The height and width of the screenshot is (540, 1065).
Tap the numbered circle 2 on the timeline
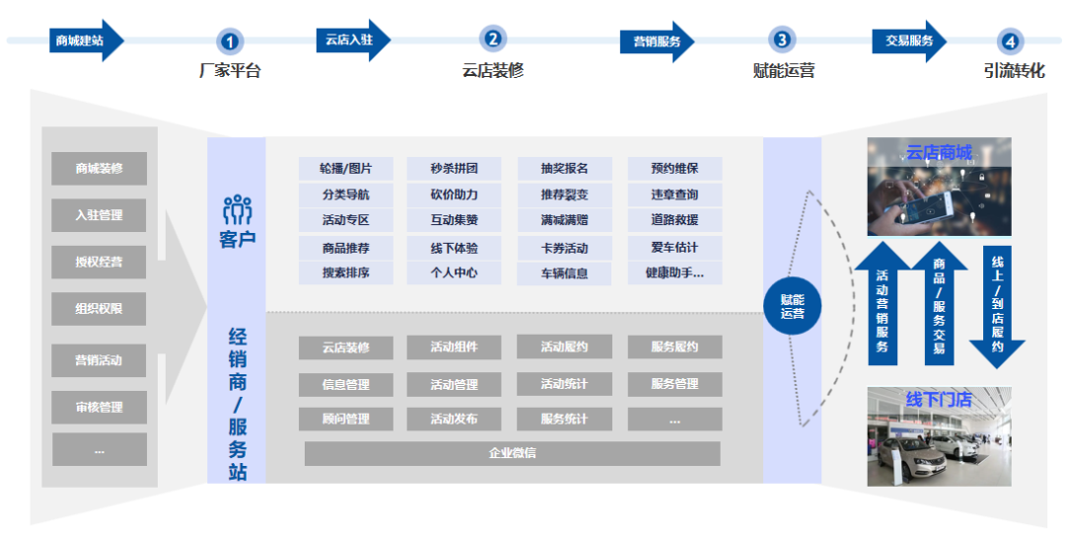pos(493,39)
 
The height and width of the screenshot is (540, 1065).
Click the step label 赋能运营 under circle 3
pos(784,71)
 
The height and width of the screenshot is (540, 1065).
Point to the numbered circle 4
pos(1011,41)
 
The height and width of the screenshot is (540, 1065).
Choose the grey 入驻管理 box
pos(100,215)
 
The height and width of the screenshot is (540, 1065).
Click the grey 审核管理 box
pos(100,407)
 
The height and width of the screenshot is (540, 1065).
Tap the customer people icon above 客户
pos(237,209)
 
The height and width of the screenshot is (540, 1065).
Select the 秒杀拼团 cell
pos(454,169)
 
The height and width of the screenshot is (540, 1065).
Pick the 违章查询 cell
pos(674,194)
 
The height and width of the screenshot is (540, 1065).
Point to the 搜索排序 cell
pos(345,272)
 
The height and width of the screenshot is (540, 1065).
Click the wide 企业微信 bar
pos(512,454)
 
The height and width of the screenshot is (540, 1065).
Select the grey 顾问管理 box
pos(345,419)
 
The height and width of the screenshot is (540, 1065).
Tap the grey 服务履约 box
pos(674,347)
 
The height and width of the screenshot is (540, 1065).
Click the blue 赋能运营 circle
pos(792,306)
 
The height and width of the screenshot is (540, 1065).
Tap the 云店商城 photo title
pos(938,153)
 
